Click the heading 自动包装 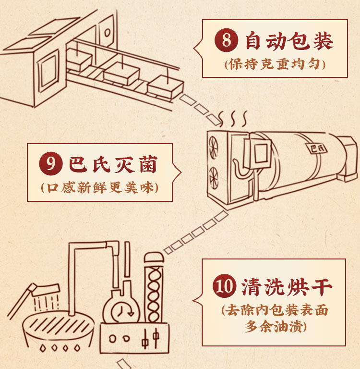289,41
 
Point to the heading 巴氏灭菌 113,165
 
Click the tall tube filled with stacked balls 154,288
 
